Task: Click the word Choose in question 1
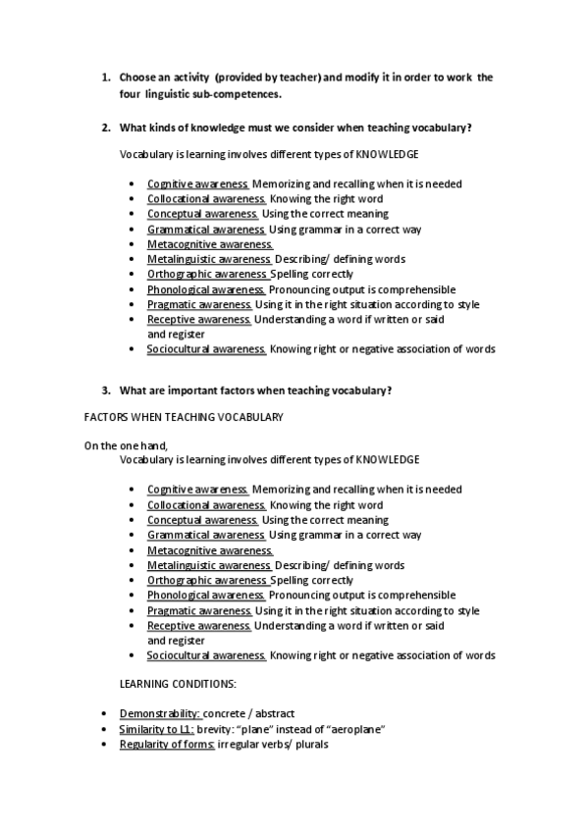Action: (135, 77)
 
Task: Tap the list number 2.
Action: (106, 128)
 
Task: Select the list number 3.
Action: (106, 390)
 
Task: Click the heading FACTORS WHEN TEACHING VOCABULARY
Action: (184, 417)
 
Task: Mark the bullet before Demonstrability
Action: (105, 713)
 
